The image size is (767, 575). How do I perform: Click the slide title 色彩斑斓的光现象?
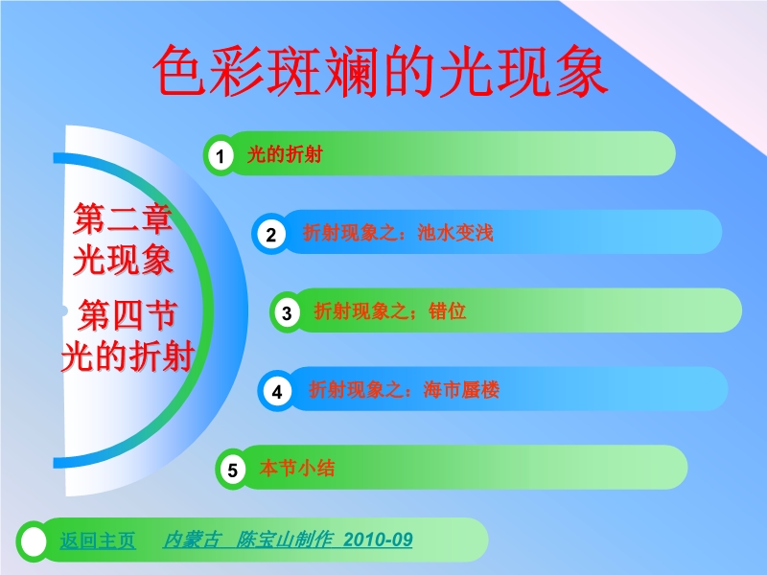click(381, 71)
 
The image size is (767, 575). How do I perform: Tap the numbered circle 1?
click(221, 156)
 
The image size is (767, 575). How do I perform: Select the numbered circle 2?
click(271, 234)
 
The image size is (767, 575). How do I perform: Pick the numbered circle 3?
click(287, 312)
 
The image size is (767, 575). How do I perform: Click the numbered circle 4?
click(277, 391)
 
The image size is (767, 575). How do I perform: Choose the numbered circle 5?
click(233, 470)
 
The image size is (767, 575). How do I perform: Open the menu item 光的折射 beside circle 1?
click(285, 154)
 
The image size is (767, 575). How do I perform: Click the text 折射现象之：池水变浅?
click(398, 233)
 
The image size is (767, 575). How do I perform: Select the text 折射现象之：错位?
click(390, 310)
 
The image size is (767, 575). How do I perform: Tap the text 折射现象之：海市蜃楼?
click(404, 390)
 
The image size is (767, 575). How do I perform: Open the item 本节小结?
click(297, 468)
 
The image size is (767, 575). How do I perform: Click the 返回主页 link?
click(98, 540)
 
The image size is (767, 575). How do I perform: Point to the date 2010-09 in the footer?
click(378, 540)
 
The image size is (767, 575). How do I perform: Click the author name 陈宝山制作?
click(285, 540)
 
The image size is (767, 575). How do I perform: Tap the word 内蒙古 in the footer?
click(191, 540)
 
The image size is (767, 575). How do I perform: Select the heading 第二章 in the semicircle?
click(123, 219)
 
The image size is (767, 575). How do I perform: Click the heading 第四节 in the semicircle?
click(128, 315)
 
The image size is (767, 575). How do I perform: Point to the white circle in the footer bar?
click(34, 541)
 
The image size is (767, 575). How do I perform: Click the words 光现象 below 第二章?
click(123, 259)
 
